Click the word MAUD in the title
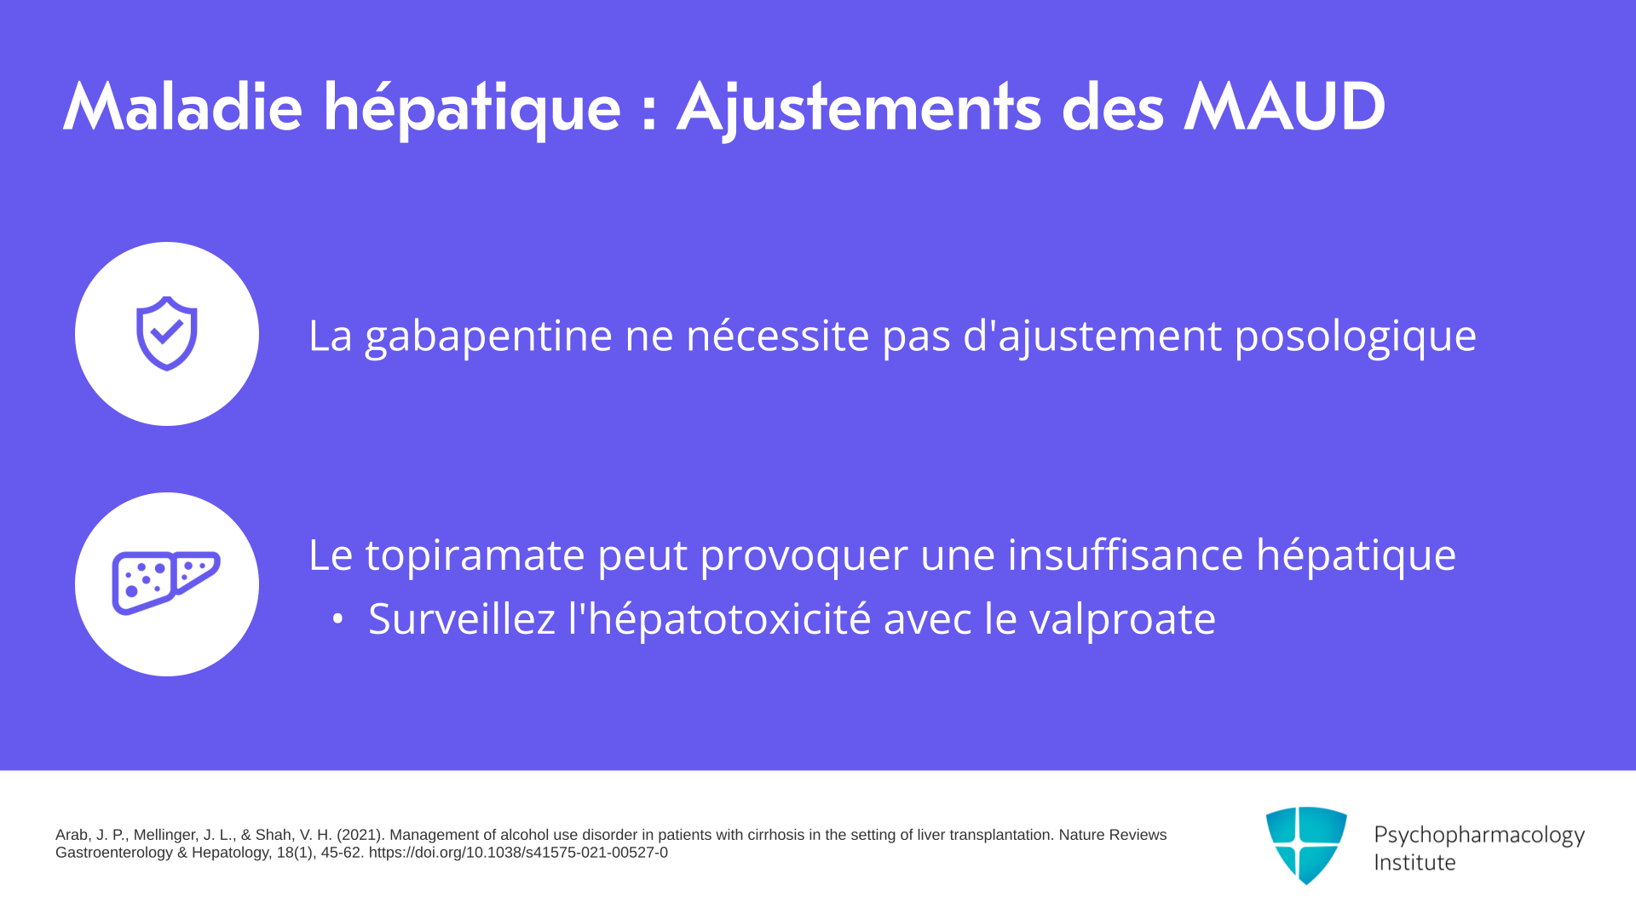[x=1285, y=107]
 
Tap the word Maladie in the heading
[x=182, y=107]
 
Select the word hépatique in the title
[x=472, y=110]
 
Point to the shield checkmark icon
[x=167, y=333]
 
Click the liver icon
[x=166, y=584]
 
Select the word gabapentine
[x=488, y=336]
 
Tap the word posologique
[x=1355, y=336]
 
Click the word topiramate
[x=475, y=555]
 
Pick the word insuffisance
[x=1126, y=555]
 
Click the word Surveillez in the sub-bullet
[x=462, y=618]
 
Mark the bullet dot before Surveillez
[x=338, y=619]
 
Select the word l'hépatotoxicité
[x=720, y=618]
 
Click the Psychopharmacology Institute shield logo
[x=1306, y=845]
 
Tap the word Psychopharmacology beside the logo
[x=1479, y=836]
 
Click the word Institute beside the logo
[x=1414, y=862]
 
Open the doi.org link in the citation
[x=518, y=853]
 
